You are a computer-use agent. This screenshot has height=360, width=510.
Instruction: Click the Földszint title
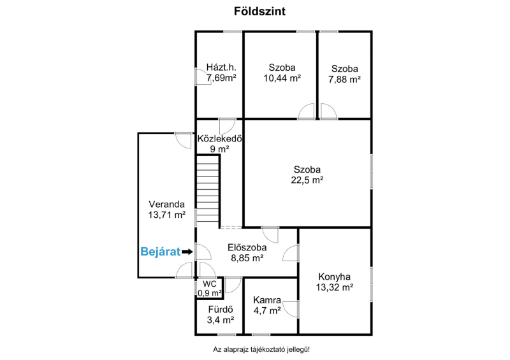tap(259, 11)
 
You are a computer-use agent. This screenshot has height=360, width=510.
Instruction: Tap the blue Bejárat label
tap(161, 252)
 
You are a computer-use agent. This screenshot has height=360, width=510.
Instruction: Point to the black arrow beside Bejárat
tap(187, 252)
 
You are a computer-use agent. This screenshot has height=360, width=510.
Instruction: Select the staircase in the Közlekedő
tap(208, 189)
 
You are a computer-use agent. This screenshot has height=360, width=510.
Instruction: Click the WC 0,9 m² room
tap(210, 289)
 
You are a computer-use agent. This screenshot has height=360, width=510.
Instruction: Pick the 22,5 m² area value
tap(307, 180)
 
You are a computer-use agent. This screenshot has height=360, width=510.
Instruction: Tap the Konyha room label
tap(334, 277)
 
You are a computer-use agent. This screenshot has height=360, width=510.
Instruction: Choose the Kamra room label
tap(267, 300)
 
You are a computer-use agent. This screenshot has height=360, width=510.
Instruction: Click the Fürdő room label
tap(221, 310)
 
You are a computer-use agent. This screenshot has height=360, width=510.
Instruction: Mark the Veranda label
tap(166, 205)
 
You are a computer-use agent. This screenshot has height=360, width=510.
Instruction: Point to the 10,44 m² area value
tap(282, 78)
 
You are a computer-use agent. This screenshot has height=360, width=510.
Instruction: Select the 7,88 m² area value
tap(344, 80)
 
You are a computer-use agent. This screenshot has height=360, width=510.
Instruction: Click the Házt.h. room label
tap(221, 68)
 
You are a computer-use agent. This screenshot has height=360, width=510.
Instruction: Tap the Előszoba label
tap(247, 247)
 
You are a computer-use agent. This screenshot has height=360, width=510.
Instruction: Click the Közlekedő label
tap(219, 138)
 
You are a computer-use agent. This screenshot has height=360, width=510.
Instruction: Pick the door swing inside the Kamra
tap(291, 309)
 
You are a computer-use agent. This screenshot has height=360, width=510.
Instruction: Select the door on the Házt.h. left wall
tap(203, 76)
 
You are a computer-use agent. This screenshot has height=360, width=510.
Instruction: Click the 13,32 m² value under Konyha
tap(334, 287)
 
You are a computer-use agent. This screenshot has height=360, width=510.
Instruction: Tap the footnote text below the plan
tap(261, 350)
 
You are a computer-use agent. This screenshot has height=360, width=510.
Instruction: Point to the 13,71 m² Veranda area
tap(166, 215)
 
